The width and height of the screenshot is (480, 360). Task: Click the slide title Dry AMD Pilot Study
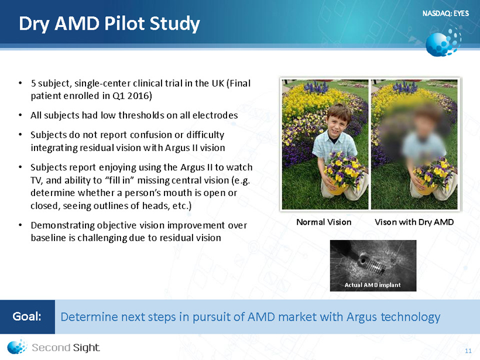coord(109,24)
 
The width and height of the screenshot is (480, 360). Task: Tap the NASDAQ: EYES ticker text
coord(445,13)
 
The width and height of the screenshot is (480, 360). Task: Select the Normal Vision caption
coord(324,222)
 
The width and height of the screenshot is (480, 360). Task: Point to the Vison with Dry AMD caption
coord(414,222)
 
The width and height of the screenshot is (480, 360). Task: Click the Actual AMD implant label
coord(372,285)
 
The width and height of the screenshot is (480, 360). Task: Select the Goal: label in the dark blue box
coord(27,317)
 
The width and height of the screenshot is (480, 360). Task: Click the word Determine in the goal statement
coord(88,317)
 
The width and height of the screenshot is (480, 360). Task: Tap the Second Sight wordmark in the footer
coord(66,348)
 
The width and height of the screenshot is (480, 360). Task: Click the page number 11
coord(468,351)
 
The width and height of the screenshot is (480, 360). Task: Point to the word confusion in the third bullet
coord(156,135)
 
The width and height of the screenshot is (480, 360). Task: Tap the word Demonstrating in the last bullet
coord(63,225)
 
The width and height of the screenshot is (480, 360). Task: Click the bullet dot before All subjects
coord(20,115)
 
